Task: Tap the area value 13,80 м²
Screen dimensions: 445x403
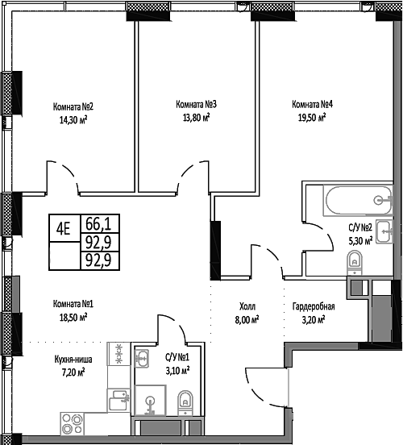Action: click(x=193, y=117)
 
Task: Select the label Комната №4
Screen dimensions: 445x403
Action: click(x=313, y=104)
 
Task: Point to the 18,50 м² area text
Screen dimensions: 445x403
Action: click(x=73, y=318)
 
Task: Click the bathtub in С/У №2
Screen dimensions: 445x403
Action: click(x=348, y=201)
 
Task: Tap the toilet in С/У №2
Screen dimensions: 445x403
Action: click(x=353, y=260)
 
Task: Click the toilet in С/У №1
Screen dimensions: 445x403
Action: click(x=185, y=398)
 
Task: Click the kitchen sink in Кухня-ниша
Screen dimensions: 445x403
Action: click(x=118, y=395)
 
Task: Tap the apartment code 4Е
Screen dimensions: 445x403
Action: click(x=62, y=228)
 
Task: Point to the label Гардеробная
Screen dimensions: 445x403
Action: click(x=313, y=306)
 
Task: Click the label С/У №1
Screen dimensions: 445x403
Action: click(x=176, y=358)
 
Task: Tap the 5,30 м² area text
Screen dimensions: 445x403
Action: click(x=359, y=239)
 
